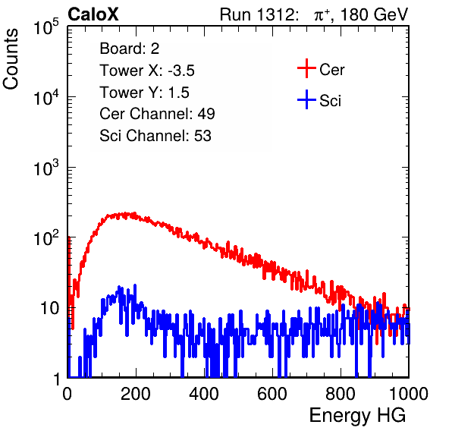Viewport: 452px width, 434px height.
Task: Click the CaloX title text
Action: (x=93, y=14)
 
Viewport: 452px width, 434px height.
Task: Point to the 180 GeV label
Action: (x=375, y=14)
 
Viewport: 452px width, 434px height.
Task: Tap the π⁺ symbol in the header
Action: (x=322, y=15)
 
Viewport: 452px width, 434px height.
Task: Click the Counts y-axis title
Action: (x=11, y=59)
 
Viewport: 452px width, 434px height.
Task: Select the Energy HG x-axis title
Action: (x=357, y=416)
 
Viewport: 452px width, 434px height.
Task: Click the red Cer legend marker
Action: (x=306, y=68)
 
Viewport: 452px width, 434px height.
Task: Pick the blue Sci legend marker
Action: (x=306, y=99)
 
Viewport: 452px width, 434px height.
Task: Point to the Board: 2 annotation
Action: (x=130, y=49)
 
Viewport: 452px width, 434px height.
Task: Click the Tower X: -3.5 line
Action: (x=147, y=71)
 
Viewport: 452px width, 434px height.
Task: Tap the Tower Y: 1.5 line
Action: (x=144, y=93)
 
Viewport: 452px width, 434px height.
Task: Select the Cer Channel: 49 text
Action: (x=157, y=114)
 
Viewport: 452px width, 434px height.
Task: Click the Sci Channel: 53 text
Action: (x=155, y=136)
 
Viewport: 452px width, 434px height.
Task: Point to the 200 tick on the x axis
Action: (x=136, y=393)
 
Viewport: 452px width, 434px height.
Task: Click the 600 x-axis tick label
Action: (x=272, y=393)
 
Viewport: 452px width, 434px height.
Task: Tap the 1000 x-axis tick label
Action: (x=409, y=393)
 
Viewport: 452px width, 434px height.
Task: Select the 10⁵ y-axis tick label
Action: (x=46, y=27)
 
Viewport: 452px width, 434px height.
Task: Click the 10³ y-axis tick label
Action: (x=46, y=168)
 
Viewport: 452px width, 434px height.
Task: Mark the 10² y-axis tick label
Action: (x=46, y=238)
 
